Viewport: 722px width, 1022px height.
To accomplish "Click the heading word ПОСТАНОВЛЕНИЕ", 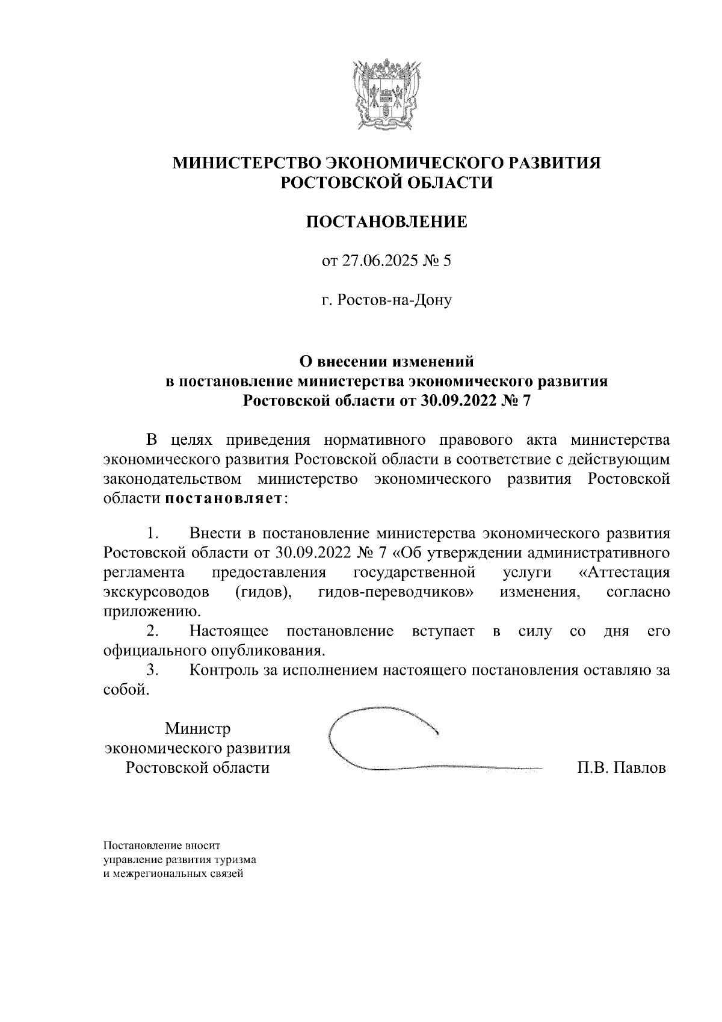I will (x=387, y=222).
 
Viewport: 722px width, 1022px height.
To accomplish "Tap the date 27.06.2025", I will (x=376, y=261).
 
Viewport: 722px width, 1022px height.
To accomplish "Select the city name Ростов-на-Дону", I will (x=395, y=300).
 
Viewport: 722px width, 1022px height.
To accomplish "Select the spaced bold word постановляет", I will (x=223, y=499).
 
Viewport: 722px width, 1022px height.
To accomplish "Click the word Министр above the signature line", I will (x=198, y=729).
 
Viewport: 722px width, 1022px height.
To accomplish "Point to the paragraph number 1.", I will (x=152, y=533).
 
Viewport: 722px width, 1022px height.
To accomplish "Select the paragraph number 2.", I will (x=153, y=631).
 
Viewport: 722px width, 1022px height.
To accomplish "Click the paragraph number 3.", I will (x=153, y=670).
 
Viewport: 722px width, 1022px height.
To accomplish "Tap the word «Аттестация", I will (x=628, y=572).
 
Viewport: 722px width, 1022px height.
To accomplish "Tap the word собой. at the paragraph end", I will (x=126, y=690).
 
